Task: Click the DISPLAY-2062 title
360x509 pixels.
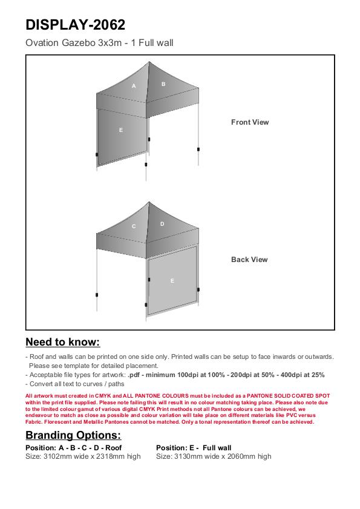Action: coord(75,25)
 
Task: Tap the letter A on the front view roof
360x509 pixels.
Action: coord(134,86)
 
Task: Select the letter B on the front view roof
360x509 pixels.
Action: coord(163,84)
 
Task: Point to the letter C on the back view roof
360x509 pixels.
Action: coord(134,226)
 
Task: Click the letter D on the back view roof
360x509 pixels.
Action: coord(162,224)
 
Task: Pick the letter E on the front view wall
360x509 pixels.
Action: coord(121,130)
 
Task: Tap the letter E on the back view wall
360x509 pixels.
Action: coord(172,281)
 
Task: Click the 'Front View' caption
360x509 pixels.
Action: coord(250,122)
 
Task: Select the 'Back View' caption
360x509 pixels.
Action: coord(249,260)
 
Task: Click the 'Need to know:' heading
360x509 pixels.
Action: coord(63,342)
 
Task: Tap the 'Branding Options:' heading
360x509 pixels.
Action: coord(73,435)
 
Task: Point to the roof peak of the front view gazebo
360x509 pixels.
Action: coord(149,62)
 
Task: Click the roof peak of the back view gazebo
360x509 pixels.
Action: coord(149,202)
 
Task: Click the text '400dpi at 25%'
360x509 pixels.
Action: coord(303,375)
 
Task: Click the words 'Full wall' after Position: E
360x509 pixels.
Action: coord(217,448)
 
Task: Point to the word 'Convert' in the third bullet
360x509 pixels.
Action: coord(41,384)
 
